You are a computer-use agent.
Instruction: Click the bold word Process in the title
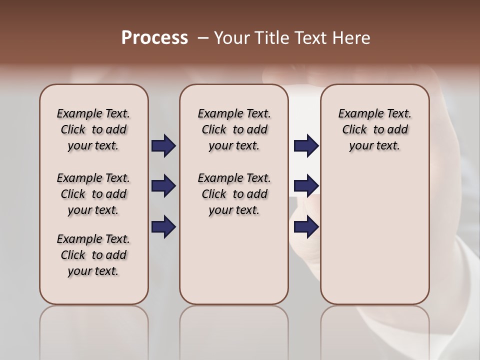click(x=154, y=38)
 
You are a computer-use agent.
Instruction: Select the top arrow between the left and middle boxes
click(x=163, y=146)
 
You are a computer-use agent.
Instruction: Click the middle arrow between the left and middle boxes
click(x=163, y=186)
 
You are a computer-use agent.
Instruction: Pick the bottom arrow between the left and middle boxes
click(x=163, y=227)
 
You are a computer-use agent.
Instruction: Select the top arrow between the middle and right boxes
click(x=306, y=146)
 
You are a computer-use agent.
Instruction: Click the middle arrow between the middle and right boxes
click(x=306, y=186)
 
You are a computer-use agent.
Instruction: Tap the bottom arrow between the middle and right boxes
click(x=306, y=227)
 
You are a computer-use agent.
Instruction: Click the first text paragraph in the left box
click(x=93, y=129)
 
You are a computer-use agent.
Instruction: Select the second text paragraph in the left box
click(x=93, y=194)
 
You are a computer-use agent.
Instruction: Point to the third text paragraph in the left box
click(x=93, y=255)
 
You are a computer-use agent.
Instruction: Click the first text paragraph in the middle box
click(x=234, y=129)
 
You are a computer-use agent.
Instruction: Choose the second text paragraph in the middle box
click(x=234, y=194)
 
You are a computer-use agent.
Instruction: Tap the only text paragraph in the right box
click(x=374, y=129)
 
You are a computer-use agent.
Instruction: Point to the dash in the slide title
click(x=202, y=38)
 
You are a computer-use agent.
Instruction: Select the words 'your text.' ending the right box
click(x=374, y=146)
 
